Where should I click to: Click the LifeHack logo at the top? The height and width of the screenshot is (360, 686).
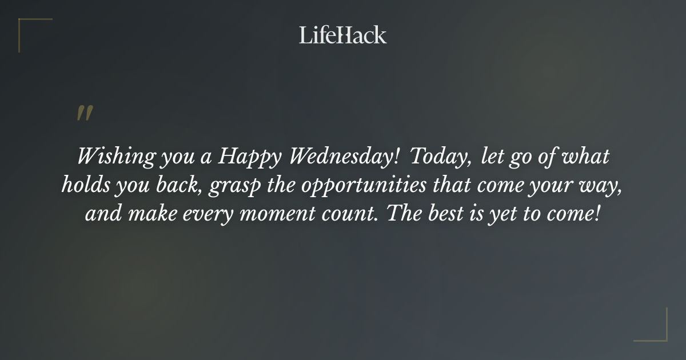pos(342,35)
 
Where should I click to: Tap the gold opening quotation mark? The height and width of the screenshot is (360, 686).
pos(84,113)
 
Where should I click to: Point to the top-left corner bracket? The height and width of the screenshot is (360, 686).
pos(29,27)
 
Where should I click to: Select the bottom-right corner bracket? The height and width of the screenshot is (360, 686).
pos(657,331)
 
